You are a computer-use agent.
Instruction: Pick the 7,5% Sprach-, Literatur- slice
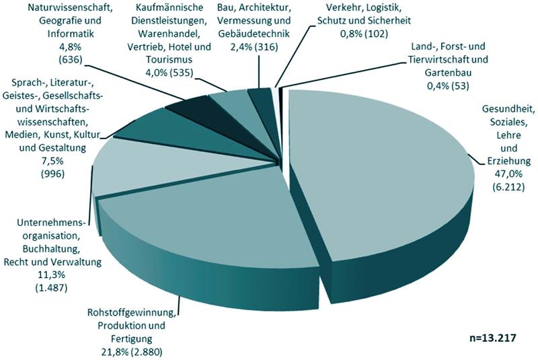point(161,131)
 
